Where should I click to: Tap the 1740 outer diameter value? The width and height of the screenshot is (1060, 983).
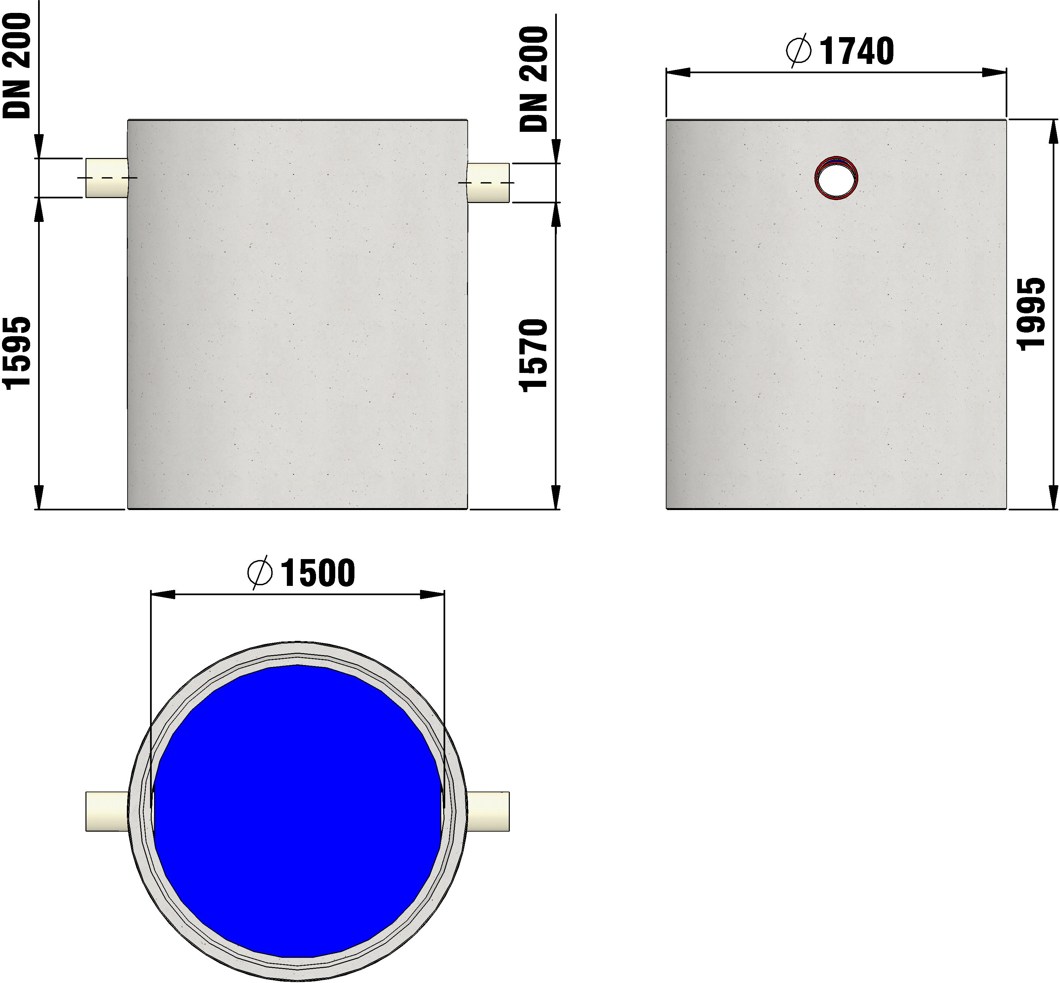click(x=857, y=52)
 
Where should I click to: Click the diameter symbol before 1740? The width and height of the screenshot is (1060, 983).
click(x=798, y=51)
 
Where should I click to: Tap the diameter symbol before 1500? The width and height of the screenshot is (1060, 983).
click(x=260, y=573)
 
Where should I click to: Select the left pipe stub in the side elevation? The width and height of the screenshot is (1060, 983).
click(x=106, y=178)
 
